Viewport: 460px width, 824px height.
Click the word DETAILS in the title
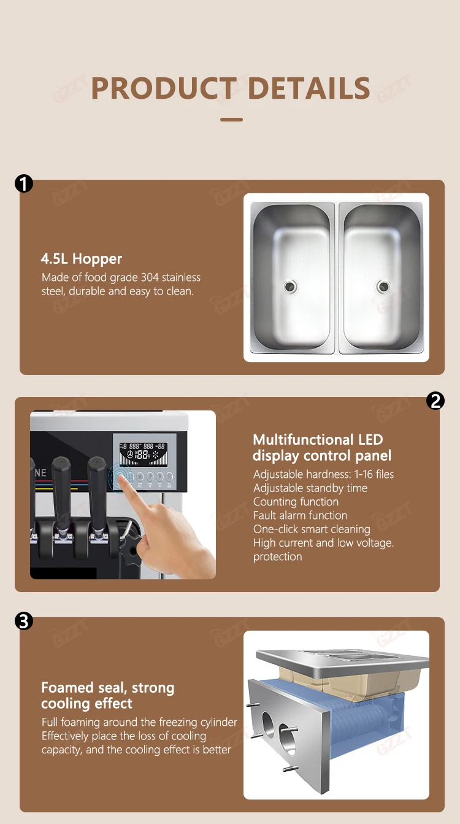(309, 88)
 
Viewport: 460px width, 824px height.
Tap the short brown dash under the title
(231, 119)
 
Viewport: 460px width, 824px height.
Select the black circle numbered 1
(24, 183)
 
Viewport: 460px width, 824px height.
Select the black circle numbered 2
(435, 401)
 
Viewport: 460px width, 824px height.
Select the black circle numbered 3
(24, 621)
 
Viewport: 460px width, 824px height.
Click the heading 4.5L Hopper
(81, 259)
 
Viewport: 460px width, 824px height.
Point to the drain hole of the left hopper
(288, 285)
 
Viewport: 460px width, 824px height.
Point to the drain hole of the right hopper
(383, 285)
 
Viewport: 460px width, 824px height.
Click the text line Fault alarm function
(300, 515)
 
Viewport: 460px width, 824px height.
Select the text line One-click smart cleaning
(312, 529)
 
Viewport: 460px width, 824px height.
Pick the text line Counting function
(296, 502)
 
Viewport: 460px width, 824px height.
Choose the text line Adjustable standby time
(310, 488)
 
